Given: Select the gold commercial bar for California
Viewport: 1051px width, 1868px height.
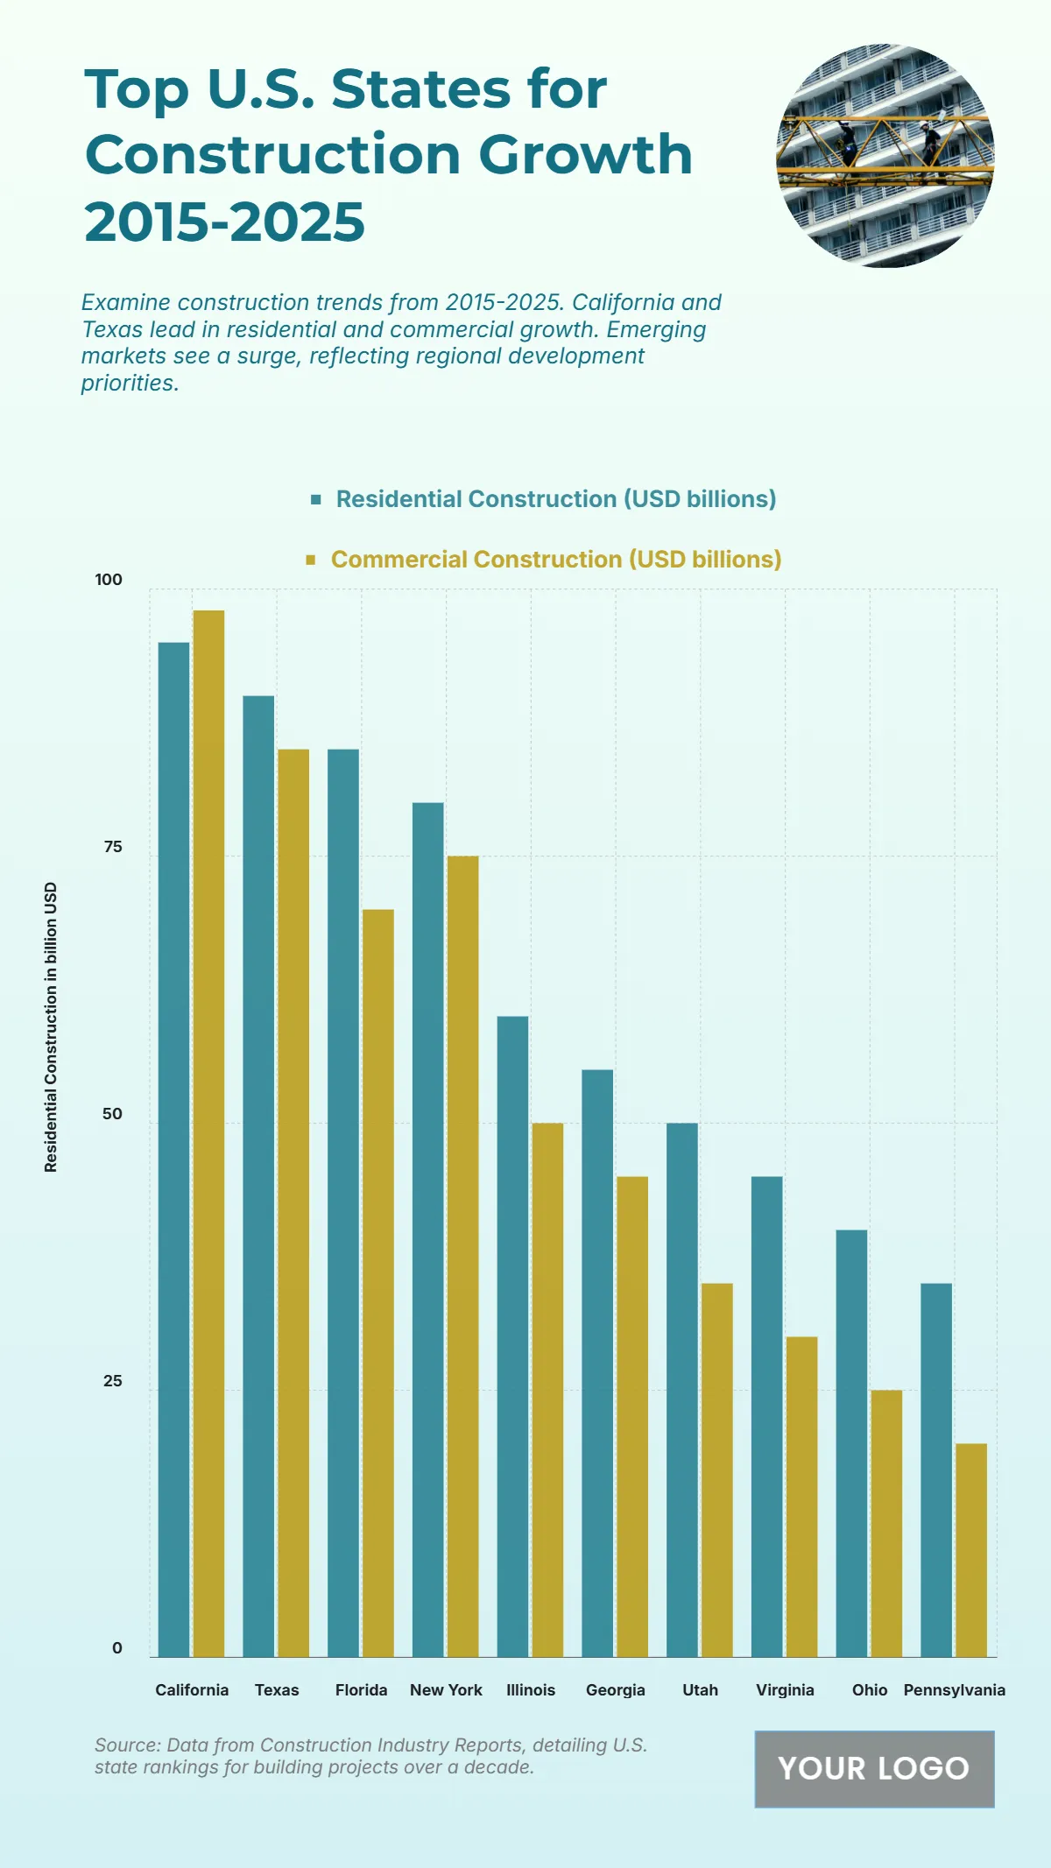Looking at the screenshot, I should click(208, 1133).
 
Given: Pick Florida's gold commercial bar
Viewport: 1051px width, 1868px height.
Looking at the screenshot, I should click(378, 1283).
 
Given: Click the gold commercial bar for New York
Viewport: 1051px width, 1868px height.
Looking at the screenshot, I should click(462, 1256).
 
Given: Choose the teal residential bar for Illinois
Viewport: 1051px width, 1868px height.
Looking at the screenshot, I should click(512, 1336).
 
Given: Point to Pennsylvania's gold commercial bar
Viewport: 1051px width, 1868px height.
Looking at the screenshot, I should click(971, 1550).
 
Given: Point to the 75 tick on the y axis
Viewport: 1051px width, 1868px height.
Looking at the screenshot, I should click(113, 847).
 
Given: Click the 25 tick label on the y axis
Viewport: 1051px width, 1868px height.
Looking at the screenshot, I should click(113, 1381).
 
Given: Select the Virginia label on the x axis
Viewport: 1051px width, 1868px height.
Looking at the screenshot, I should click(785, 1690).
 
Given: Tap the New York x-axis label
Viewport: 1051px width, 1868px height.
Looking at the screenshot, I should click(446, 1690).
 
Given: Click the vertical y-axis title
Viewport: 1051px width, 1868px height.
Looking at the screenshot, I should click(51, 1026).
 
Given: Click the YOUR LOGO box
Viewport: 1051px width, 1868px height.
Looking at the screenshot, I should click(874, 1769).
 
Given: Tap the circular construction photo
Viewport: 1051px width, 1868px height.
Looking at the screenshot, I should click(885, 156).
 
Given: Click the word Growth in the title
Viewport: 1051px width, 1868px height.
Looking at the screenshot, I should click(585, 155).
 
